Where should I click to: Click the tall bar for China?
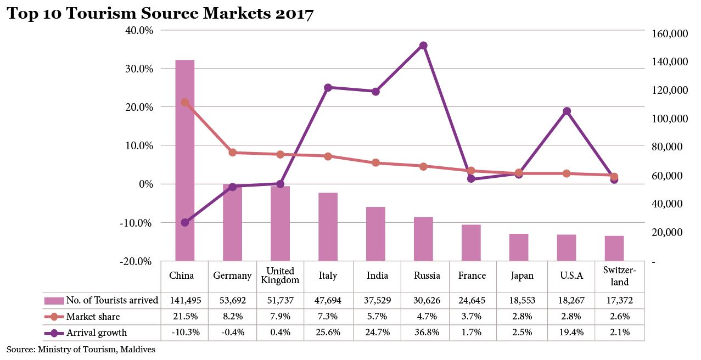[184, 159]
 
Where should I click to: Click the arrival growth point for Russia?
[423, 46]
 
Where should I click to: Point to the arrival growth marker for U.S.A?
[567, 111]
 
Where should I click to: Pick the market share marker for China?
[185, 103]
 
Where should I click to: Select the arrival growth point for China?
[185, 222]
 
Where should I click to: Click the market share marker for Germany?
[232, 153]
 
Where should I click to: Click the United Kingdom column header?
[280, 275]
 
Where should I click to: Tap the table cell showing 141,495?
[184, 300]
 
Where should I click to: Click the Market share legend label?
[93, 317]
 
